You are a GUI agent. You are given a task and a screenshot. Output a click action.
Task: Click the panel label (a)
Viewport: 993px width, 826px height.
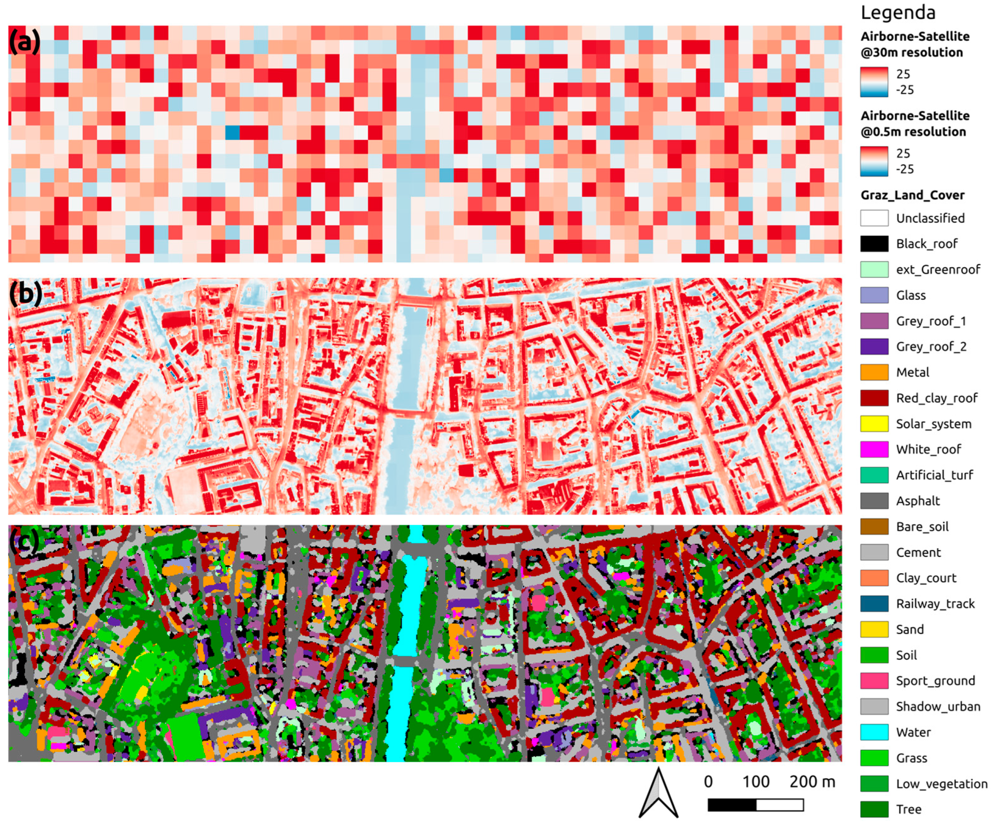coord(25,42)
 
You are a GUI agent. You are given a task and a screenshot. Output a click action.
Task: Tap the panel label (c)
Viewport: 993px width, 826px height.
coord(24,541)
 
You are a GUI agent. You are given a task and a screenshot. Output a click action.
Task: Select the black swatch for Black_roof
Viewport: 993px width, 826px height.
coord(874,244)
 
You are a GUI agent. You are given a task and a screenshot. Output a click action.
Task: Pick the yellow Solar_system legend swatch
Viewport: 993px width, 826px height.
coord(874,424)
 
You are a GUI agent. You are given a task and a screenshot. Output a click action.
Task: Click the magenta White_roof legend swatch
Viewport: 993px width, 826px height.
coord(874,449)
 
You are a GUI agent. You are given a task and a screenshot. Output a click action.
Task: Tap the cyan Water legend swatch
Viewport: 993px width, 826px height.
coord(874,732)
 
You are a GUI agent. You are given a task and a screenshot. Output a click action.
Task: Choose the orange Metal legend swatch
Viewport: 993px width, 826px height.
coord(874,372)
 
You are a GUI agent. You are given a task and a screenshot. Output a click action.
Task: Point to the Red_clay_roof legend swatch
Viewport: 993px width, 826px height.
coord(874,398)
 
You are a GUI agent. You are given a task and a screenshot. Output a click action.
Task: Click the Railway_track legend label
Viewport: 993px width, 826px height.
coord(935,604)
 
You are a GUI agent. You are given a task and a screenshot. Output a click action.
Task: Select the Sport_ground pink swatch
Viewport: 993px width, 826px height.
coord(874,681)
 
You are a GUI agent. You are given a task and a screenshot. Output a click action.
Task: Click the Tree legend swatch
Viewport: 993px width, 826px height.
coord(874,809)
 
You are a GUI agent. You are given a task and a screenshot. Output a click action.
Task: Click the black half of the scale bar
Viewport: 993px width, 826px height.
coord(732,805)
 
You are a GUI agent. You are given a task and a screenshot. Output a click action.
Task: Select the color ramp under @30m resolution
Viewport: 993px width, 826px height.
coord(874,82)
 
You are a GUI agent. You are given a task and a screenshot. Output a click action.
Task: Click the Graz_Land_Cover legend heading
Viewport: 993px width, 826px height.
coord(912,195)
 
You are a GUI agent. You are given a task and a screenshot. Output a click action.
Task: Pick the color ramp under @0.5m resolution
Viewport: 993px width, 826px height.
coord(874,161)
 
